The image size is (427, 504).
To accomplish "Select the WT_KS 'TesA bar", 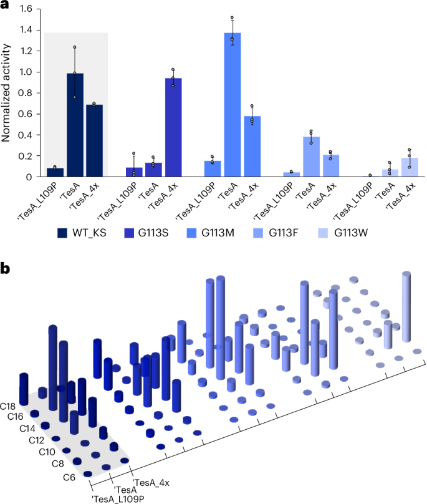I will point(75,125).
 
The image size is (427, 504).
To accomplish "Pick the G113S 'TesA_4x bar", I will point(173,127).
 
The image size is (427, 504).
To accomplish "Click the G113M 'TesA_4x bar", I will point(251,146).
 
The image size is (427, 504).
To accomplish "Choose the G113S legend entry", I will point(150,234).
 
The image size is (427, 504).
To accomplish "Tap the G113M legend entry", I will point(223,234).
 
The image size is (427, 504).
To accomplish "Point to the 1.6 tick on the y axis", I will point(26,9).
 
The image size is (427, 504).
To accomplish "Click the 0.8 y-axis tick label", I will point(26,93).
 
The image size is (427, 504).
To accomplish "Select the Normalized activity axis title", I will point(7,94).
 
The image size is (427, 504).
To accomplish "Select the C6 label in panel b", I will point(70,477).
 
